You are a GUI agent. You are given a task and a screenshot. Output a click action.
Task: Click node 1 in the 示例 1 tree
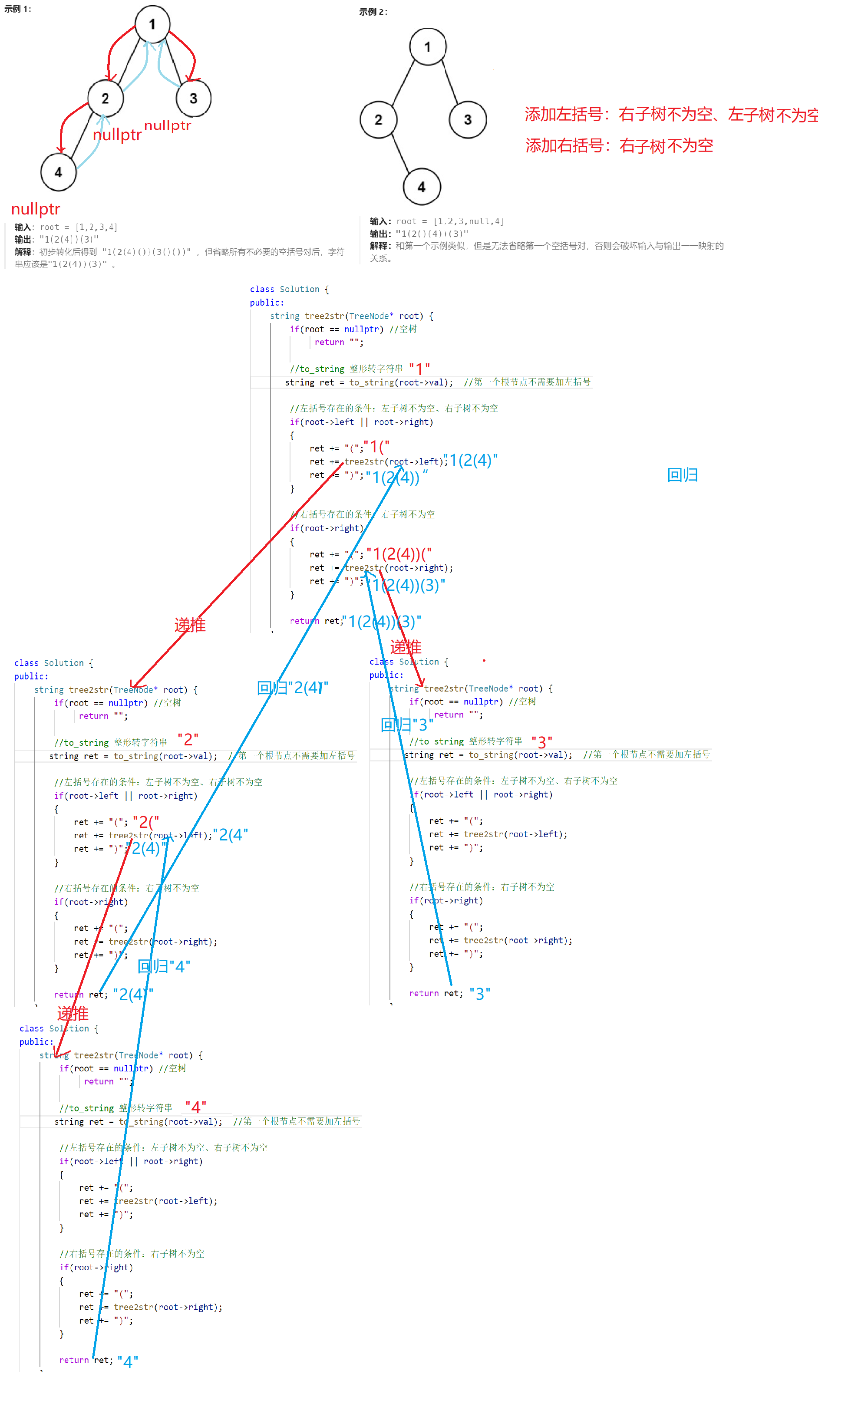(x=152, y=24)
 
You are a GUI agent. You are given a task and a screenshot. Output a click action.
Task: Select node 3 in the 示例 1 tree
(x=194, y=99)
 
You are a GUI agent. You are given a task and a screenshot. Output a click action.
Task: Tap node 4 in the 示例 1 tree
(x=58, y=172)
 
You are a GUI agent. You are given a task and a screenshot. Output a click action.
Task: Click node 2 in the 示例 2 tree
(x=378, y=120)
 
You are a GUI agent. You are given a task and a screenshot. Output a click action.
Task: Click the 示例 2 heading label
(x=373, y=12)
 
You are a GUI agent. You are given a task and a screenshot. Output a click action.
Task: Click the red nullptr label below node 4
(x=36, y=209)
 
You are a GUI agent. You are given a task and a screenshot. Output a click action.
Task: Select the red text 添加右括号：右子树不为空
(x=619, y=145)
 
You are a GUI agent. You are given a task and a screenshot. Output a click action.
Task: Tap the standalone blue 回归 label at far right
(x=682, y=475)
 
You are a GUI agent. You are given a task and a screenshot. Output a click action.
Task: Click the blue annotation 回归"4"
(x=164, y=966)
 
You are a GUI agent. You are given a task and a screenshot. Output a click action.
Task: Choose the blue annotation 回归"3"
(x=406, y=725)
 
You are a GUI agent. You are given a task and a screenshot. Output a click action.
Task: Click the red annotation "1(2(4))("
(x=399, y=554)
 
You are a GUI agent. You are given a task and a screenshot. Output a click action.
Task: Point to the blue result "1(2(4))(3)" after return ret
(x=382, y=622)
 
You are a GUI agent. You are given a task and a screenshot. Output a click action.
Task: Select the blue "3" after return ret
(x=480, y=994)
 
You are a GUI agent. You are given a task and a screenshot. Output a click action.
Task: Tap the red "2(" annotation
(x=146, y=822)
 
